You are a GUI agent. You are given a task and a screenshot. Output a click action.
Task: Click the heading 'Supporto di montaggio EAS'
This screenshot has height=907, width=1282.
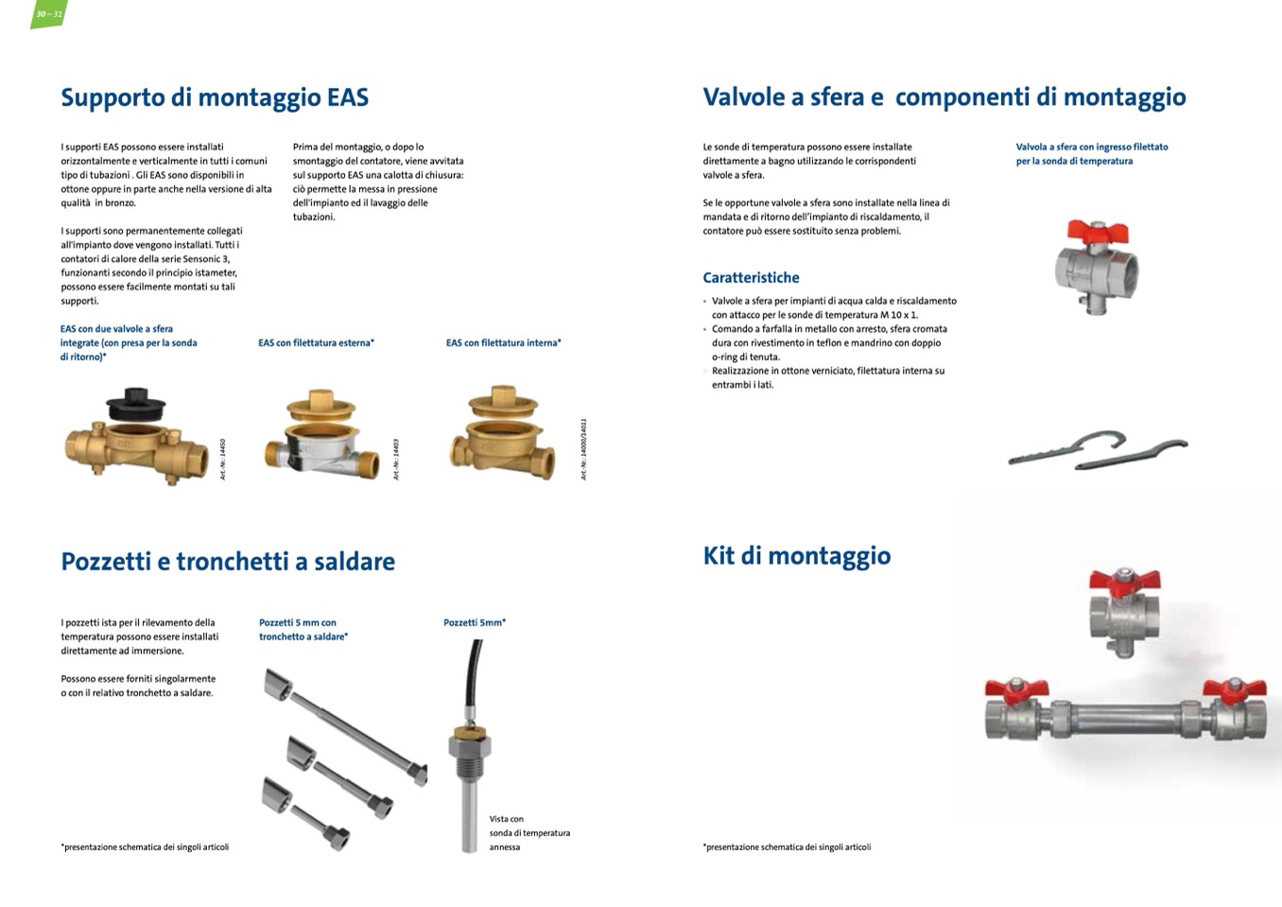tap(215, 98)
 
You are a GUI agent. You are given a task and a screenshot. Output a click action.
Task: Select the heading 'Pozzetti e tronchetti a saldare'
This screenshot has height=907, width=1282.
tap(228, 562)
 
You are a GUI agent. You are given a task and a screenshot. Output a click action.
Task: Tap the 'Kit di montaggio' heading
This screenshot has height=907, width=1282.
tap(796, 556)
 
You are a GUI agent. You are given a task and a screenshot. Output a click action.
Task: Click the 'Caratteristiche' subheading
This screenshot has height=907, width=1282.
tap(751, 278)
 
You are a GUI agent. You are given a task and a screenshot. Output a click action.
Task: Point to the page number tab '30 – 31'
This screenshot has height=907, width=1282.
tap(48, 13)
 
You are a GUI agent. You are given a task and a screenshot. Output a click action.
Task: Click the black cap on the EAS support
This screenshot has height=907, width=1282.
tap(136, 406)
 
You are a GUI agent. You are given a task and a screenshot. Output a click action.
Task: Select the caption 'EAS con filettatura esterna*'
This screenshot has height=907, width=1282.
tap(316, 343)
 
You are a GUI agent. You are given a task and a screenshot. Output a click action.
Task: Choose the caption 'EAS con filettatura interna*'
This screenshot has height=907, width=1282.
tap(503, 343)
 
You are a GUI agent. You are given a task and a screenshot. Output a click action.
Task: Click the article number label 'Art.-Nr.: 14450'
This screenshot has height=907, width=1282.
tap(223, 459)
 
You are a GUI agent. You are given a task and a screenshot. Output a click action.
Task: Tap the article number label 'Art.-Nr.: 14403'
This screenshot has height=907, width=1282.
tap(396, 459)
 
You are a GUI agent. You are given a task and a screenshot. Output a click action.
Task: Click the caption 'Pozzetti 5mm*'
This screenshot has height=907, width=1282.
tap(475, 623)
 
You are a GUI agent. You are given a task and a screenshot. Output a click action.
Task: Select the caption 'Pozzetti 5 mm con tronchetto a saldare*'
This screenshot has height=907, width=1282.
tap(303, 630)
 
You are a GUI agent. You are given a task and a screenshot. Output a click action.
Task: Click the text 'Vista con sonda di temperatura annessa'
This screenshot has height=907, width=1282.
tap(529, 833)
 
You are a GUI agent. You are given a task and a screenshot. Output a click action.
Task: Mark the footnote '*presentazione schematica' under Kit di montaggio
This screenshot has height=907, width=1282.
tap(787, 847)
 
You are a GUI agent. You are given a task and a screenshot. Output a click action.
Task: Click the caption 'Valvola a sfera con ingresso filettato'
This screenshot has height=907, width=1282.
tap(1092, 148)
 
